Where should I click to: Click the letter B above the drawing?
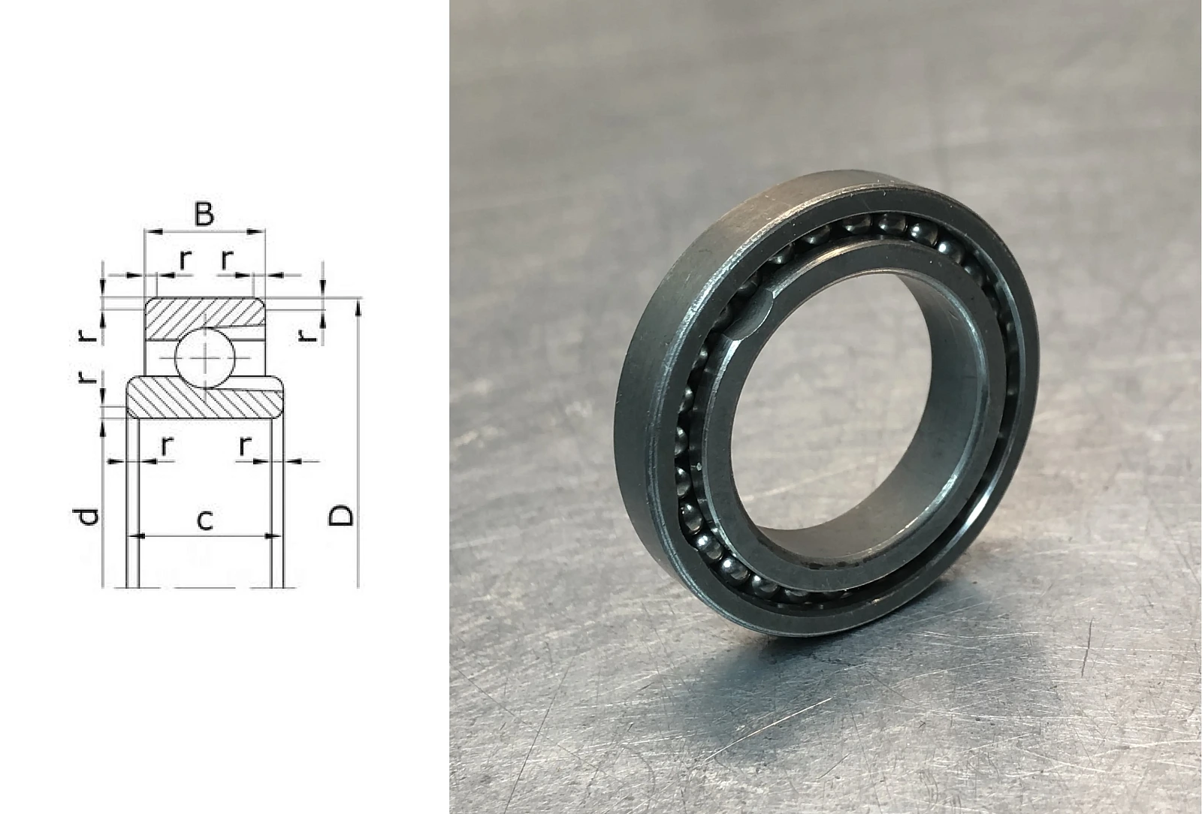(204, 213)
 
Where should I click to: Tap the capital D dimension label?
(342, 515)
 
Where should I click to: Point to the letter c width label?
(205, 520)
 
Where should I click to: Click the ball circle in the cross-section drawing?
(205, 358)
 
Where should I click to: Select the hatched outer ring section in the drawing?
(205, 318)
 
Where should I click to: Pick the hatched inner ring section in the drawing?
(205, 398)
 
